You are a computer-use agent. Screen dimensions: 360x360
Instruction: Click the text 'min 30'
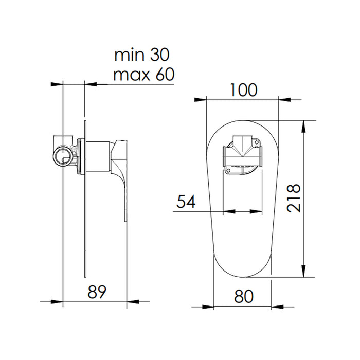click(141, 54)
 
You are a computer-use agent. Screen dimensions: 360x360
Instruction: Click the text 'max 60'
click(143, 75)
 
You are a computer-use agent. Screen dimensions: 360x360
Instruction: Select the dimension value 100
click(243, 90)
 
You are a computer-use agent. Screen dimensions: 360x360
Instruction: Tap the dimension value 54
click(186, 202)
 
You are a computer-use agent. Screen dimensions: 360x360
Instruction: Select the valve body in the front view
click(242, 155)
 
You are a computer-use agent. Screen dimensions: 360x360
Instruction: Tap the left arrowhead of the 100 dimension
click(210, 98)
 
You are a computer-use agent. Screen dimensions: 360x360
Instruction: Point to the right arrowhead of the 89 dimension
click(123, 301)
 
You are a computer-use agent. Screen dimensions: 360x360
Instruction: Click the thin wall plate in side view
click(84, 231)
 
